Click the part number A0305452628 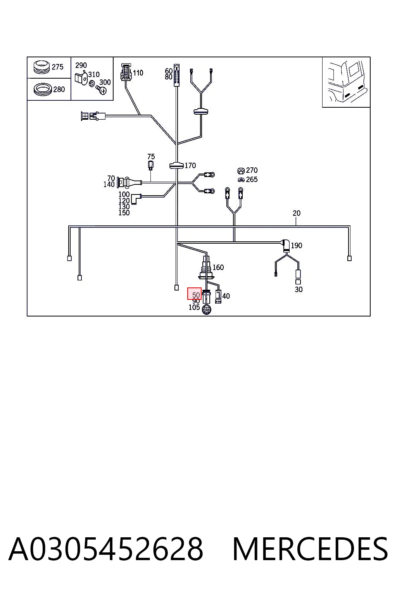tap(106, 549)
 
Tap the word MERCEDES tap(310, 549)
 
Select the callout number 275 tap(57, 67)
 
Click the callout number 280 tap(59, 89)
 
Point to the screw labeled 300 tap(102, 90)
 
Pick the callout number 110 tap(138, 73)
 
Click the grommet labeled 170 tap(176, 165)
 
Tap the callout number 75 tap(151, 156)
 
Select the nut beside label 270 tap(241, 170)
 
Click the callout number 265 tap(252, 180)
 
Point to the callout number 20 tap(297, 213)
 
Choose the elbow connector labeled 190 tap(286, 245)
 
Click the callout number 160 tap(218, 267)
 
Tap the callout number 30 tap(299, 289)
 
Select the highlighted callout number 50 tap(196, 295)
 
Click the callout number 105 tap(194, 307)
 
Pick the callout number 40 tap(226, 296)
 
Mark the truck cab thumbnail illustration tap(346, 82)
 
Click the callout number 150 tap(124, 213)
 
